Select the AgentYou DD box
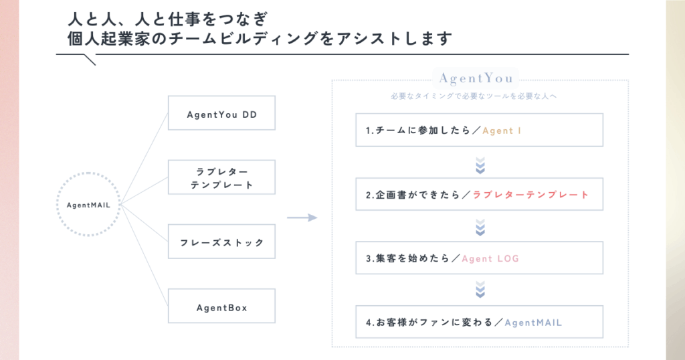coord(221,112)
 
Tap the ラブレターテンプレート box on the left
coord(221,177)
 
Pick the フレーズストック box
coord(221,241)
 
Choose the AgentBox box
coord(221,306)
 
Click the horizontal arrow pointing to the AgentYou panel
coord(302,217)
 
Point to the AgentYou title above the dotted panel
coord(476,78)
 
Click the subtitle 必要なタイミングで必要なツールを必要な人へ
coord(474,96)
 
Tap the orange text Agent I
coord(502,130)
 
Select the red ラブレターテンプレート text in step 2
coord(530,195)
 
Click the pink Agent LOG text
coord(490,259)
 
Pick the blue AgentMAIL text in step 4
coord(533,323)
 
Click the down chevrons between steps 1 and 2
coord(480,165)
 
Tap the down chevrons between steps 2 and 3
coord(480,228)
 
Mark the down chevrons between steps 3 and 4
coord(480,290)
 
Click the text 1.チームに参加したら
coord(417,130)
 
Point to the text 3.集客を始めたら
coord(407,259)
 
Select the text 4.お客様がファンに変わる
coord(429,323)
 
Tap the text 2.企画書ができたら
coord(413,195)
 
